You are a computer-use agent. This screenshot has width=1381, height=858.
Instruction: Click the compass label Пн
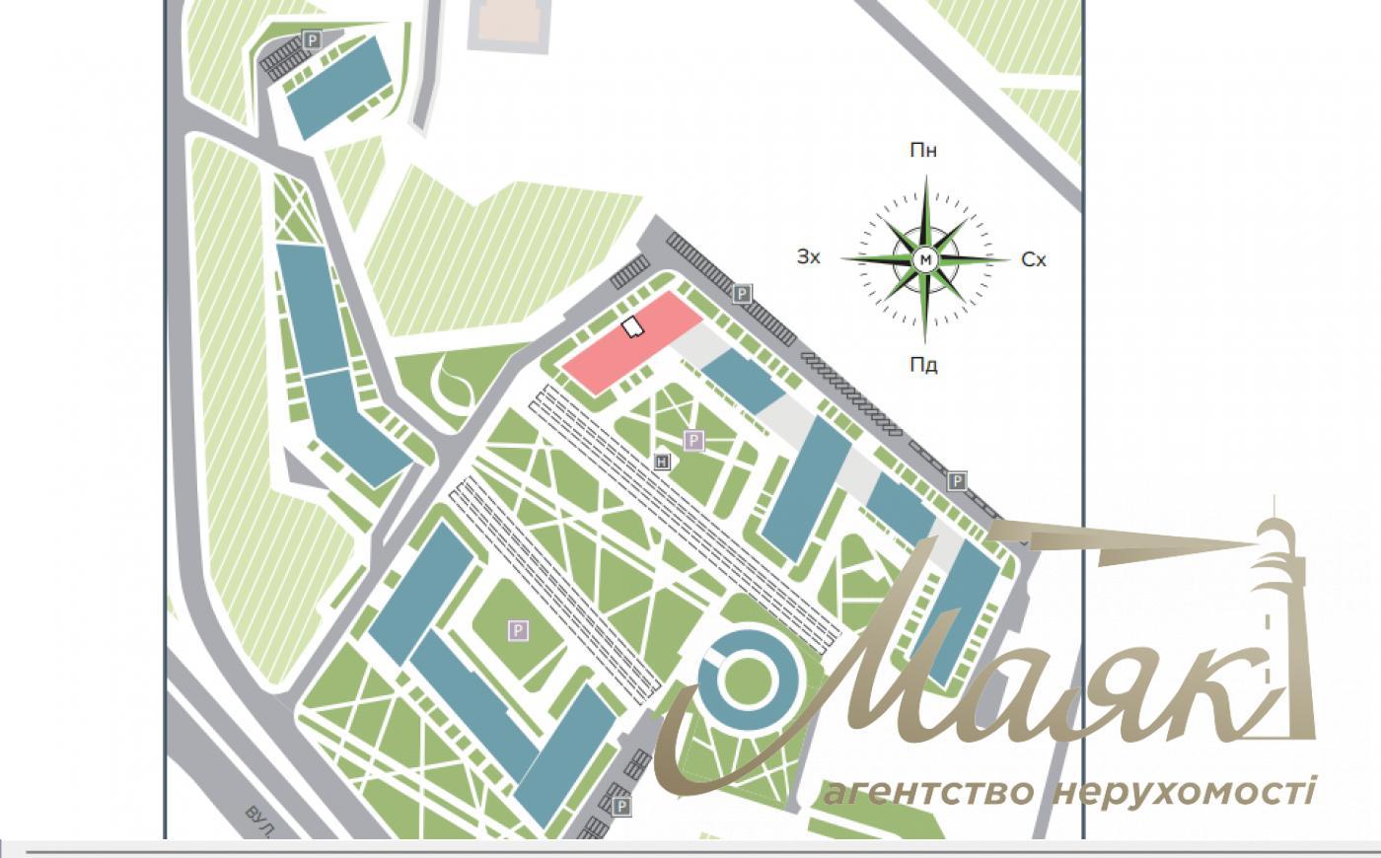(x=923, y=151)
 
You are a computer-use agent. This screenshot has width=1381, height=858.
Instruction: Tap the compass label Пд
(x=923, y=366)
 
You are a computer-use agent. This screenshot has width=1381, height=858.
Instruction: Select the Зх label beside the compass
(x=809, y=257)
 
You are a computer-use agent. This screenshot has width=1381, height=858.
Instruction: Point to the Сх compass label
(x=1034, y=259)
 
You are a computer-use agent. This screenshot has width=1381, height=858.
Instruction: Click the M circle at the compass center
(x=925, y=259)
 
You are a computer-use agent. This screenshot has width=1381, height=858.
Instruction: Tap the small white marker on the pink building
(x=632, y=326)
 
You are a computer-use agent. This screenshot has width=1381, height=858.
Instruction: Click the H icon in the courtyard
(x=663, y=462)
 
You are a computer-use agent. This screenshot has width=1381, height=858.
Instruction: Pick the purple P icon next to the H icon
(x=693, y=440)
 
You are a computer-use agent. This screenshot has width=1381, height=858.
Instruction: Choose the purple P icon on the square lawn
(x=518, y=630)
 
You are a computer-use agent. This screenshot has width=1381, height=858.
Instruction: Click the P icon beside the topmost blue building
(x=312, y=40)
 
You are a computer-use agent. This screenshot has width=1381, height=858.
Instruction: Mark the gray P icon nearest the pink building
(x=742, y=293)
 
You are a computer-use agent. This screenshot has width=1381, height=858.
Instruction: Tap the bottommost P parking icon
(x=621, y=807)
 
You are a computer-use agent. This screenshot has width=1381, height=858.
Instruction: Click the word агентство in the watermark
(x=927, y=791)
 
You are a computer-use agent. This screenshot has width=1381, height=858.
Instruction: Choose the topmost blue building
(x=339, y=88)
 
